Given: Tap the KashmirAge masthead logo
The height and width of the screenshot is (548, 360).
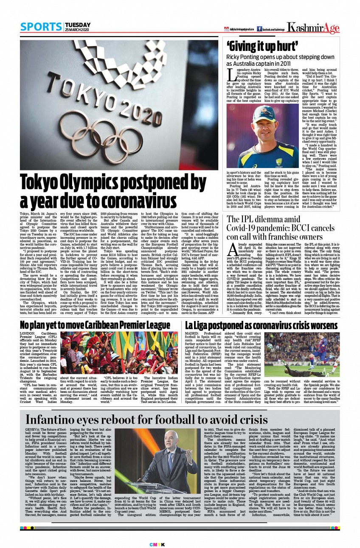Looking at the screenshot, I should click(x=313, y=28).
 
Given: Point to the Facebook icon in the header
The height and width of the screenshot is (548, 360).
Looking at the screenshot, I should click(x=259, y=28).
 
